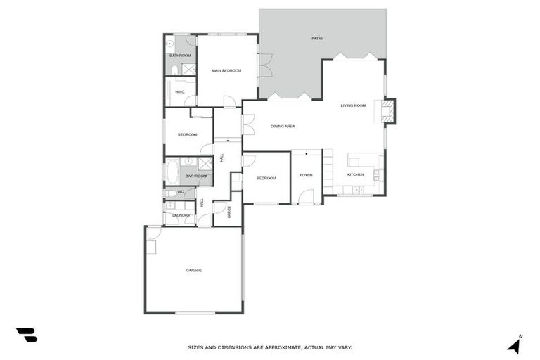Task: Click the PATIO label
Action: [317, 38]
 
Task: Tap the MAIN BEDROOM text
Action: [226, 70]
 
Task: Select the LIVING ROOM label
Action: [353, 105]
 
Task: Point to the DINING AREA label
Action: [283, 126]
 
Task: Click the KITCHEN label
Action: [355, 174]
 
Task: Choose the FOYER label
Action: [306, 175]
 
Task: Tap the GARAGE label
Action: [193, 270]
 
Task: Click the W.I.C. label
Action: [179, 91]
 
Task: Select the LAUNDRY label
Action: [181, 215]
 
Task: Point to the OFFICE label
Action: [229, 212]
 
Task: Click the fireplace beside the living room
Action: [387, 110]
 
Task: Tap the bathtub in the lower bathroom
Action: [173, 172]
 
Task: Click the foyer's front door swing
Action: [304, 197]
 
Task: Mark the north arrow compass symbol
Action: [515, 345]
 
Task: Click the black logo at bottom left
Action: [26, 335]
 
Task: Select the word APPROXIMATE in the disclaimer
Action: [287, 347]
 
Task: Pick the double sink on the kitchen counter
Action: [359, 190]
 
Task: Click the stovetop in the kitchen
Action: [378, 175]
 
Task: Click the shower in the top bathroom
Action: [188, 69]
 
